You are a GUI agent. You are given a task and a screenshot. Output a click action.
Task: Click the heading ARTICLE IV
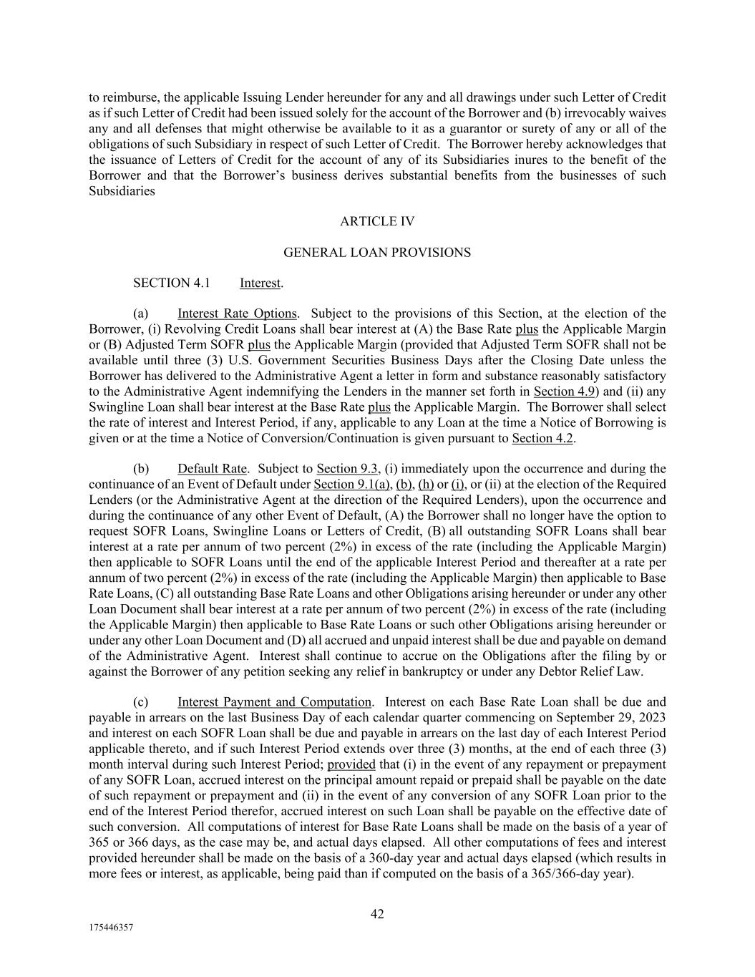point(377,221)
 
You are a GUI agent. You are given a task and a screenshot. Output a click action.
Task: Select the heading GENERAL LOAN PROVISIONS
point(377,252)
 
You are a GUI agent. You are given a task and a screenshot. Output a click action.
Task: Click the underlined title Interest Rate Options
point(237,313)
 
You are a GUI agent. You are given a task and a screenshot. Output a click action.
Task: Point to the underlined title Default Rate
point(212,469)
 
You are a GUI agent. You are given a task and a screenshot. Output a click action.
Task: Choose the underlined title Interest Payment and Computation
point(274,702)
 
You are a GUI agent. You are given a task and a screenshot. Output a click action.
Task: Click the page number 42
point(377,914)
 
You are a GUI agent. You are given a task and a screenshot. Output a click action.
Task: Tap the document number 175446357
point(111,927)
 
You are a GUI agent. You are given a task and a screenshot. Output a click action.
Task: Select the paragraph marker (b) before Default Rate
point(141,469)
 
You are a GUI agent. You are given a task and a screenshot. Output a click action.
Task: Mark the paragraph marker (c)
point(140,702)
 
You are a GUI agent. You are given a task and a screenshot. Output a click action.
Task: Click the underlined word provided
point(351,764)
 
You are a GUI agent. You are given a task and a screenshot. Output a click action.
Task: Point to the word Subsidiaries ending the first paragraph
point(122,191)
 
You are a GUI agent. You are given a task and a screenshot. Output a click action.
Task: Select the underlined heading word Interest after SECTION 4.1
point(260,283)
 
